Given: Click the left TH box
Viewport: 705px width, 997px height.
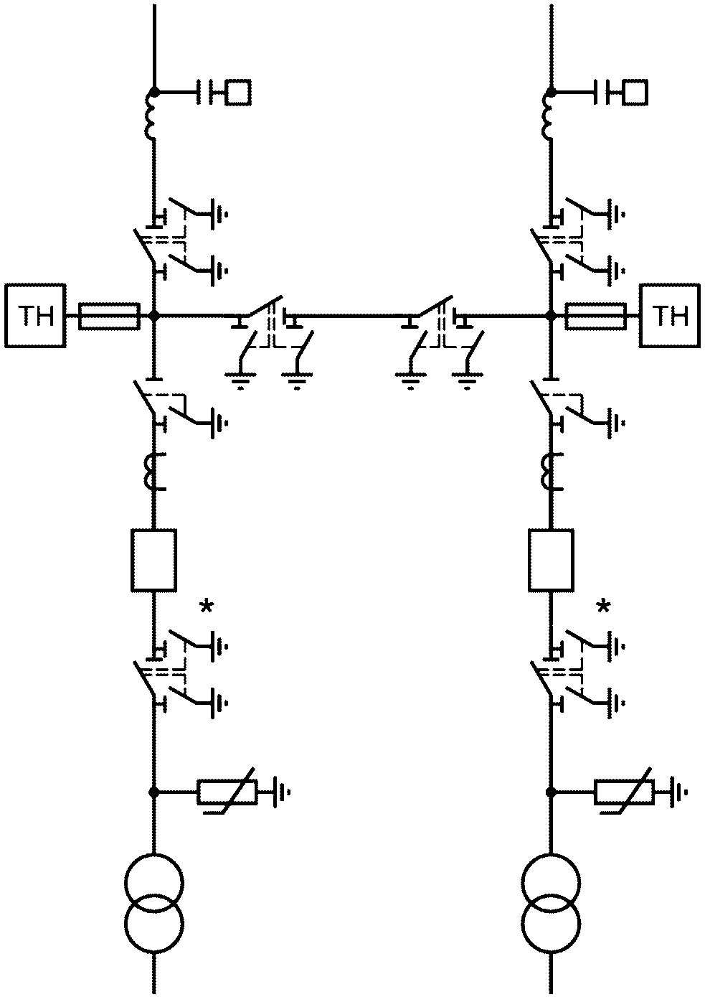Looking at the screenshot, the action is [x=36, y=316].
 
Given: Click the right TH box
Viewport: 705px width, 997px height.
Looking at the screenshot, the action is [x=669, y=316].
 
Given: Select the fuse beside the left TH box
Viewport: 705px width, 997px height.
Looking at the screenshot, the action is [x=110, y=316].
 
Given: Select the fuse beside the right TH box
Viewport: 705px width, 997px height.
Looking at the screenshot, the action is [x=595, y=316].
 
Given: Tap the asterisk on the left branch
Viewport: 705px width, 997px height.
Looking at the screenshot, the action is [x=206, y=607].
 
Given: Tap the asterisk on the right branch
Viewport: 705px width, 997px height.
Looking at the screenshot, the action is [x=603, y=607].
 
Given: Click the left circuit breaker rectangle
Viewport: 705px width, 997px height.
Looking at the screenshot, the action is [x=153, y=561].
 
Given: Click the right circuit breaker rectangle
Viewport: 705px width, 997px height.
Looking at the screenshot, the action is [x=551, y=561].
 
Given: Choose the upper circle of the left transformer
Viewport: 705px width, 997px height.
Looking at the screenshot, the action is [x=153, y=884].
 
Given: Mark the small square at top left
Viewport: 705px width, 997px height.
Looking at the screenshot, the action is [x=238, y=93].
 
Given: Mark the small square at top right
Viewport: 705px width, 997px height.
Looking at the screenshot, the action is [x=635, y=93].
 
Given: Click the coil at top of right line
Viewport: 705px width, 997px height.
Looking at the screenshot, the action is [x=547, y=116].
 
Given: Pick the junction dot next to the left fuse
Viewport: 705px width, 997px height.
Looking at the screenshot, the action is [x=153, y=316].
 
